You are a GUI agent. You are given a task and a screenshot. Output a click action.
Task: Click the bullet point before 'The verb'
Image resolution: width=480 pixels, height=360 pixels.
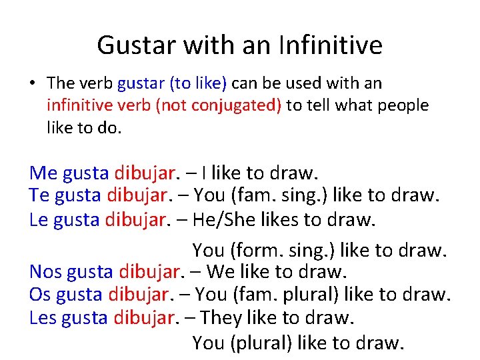pyautogui.click(x=33, y=84)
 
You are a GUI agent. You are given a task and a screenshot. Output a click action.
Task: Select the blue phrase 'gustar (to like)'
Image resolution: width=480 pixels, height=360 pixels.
pyautogui.click(x=172, y=83)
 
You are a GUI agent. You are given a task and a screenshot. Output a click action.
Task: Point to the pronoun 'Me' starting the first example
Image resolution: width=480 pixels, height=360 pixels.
pyautogui.click(x=43, y=173)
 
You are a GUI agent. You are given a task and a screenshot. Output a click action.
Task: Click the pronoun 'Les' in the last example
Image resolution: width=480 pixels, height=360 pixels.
pyautogui.click(x=43, y=318)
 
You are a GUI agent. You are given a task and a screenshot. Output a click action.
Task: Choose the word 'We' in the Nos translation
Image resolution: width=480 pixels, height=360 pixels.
pyautogui.click(x=221, y=272)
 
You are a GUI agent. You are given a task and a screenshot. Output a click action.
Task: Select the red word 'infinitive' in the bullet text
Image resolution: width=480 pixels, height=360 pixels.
pyautogui.click(x=79, y=105)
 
